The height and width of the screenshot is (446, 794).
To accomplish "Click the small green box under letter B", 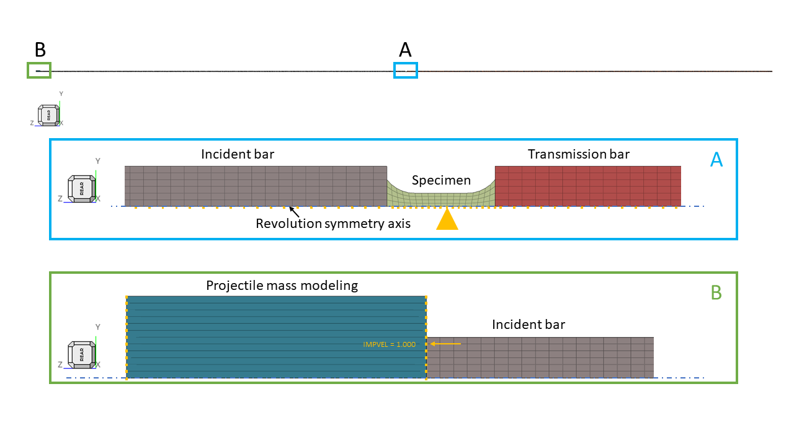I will point(39,71).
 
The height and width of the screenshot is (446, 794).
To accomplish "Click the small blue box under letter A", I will point(406,71).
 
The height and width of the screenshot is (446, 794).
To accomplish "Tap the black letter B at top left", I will point(40,50).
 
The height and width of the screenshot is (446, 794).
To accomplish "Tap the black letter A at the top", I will point(405,50).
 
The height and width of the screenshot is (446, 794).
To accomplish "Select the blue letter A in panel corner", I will point(716,160).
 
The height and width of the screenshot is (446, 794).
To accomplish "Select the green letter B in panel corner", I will point(716,292).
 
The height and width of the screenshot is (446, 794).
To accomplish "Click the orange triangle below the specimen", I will point(447,220).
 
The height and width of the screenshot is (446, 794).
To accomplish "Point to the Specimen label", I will point(441,180).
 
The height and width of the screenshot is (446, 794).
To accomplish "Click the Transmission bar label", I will point(578,154).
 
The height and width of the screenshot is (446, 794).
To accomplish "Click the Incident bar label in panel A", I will point(238,154).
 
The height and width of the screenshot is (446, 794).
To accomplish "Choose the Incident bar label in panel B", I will point(529,324).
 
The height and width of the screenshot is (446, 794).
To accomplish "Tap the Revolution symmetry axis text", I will point(333,224).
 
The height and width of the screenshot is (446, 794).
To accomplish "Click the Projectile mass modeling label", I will point(282,286).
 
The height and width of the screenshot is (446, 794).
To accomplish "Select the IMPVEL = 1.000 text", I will point(389,344).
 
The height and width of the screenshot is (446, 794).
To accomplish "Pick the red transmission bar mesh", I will point(587,186).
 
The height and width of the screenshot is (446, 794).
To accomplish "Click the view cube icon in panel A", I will point(81,188).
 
